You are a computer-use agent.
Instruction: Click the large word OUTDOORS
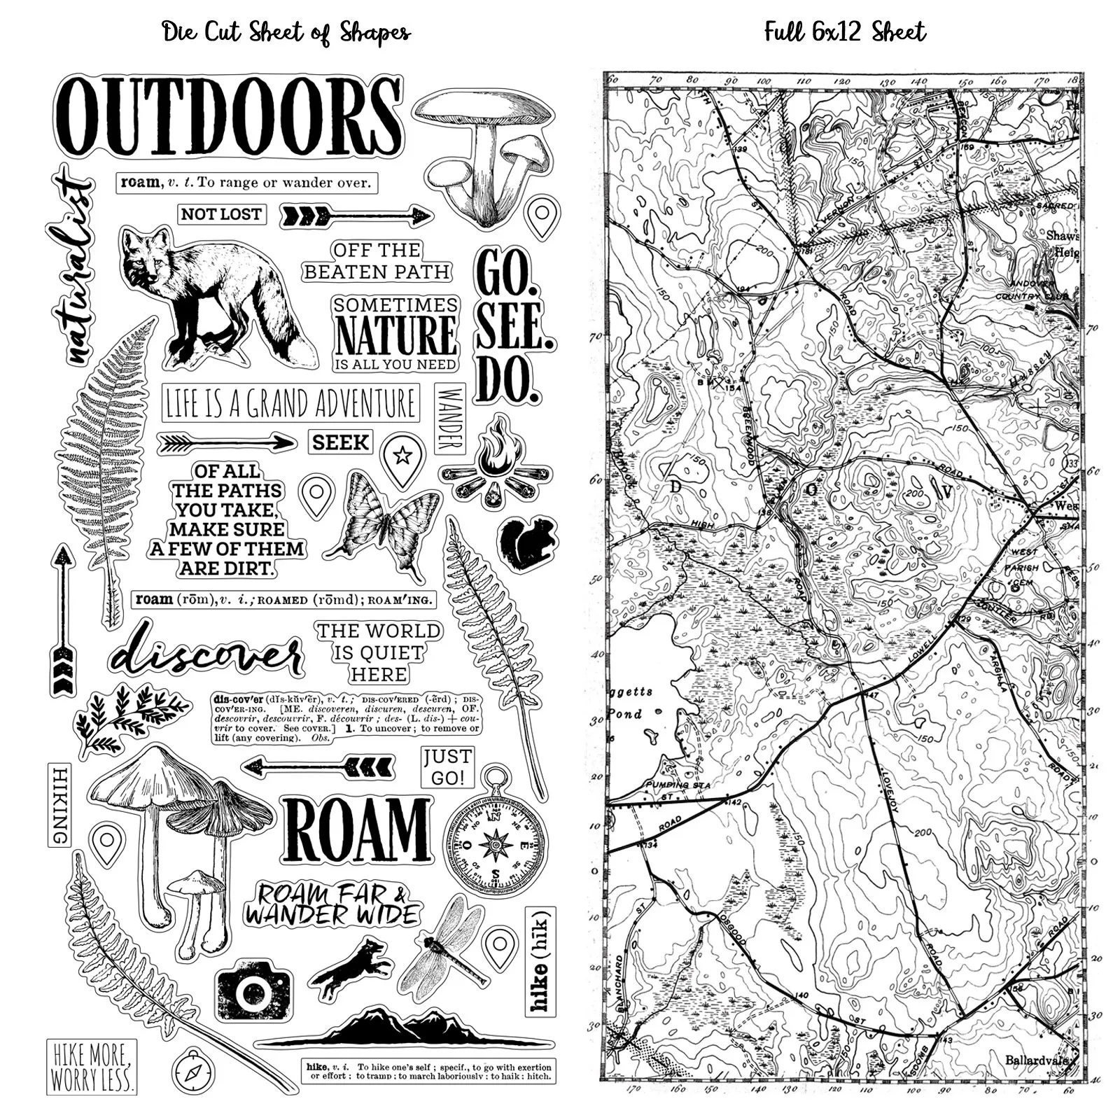tap(227, 115)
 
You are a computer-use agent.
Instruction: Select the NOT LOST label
tap(221, 214)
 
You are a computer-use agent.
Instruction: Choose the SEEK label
tap(341, 442)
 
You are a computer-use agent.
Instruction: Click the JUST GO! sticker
tap(447, 767)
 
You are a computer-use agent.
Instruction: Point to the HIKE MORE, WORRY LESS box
tap(92, 1067)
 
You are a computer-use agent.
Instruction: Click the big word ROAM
tap(357, 831)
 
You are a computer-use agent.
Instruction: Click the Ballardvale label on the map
tap(1041, 1060)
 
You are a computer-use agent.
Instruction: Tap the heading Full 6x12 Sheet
tap(845, 31)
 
